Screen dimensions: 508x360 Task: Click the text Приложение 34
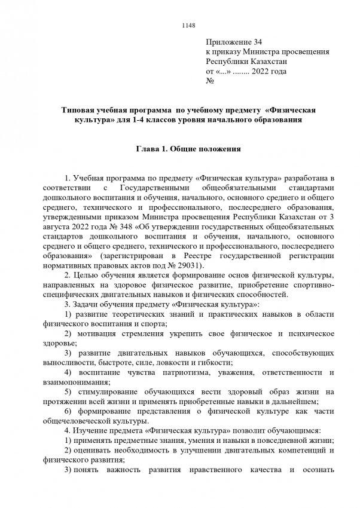click(x=234, y=42)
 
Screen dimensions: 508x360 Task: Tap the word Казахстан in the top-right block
click(x=264, y=62)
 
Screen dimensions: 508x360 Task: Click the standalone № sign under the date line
click(x=210, y=81)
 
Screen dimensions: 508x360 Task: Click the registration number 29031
click(x=190, y=265)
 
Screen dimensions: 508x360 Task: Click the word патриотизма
click(x=181, y=371)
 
